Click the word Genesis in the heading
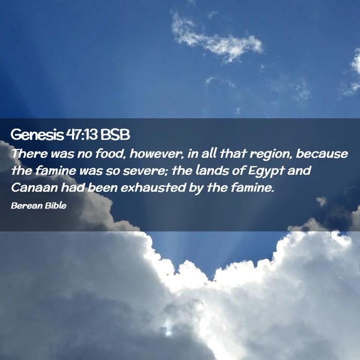37,135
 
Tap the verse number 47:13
82,134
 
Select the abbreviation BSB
115,134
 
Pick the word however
156,153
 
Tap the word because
322,153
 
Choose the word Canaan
34,188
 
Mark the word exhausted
153,187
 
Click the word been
103,187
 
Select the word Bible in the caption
56,205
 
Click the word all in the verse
209,153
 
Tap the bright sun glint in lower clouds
168,328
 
